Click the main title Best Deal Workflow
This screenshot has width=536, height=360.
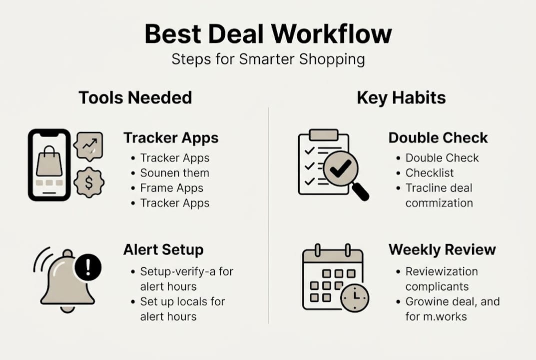(268, 34)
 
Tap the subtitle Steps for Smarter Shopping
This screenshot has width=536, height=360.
(268, 59)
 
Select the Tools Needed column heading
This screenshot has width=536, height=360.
(135, 97)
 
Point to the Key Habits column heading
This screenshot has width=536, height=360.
(401, 97)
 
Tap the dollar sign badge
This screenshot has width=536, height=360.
(89, 183)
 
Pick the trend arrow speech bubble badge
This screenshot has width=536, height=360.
(88, 145)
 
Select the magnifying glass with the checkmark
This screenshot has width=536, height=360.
(342, 170)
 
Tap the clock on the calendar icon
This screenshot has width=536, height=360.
(355, 298)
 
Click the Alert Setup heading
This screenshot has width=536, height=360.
(163, 249)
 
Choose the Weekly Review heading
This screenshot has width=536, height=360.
(442, 249)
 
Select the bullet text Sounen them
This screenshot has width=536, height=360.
(174, 173)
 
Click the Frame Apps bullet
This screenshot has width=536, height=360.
(171, 188)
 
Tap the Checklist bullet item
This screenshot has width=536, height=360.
(430, 173)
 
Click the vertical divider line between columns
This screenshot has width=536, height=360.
(268, 215)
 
